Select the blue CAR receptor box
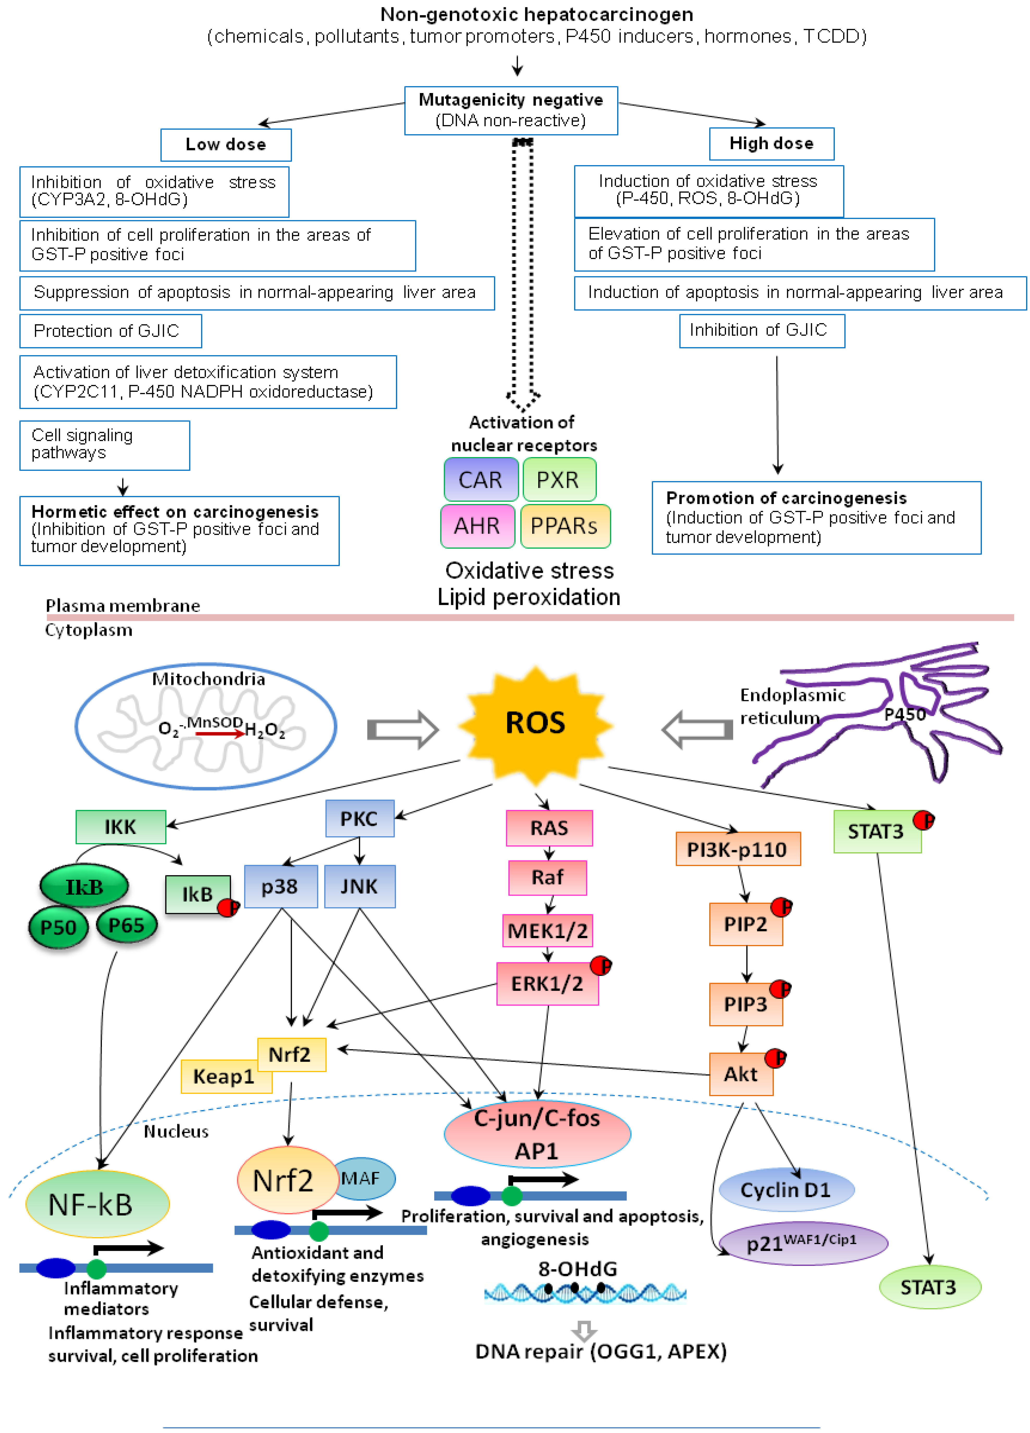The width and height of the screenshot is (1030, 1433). pyautogui.click(x=481, y=479)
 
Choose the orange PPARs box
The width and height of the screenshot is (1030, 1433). pyautogui.click(x=565, y=526)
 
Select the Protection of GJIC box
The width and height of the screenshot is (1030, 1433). pyautogui.click(x=111, y=331)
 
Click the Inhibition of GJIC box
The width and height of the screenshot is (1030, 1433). pyautogui.click(x=762, y=330)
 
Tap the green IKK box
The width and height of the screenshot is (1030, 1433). pyautogui.click(x=121, y=827)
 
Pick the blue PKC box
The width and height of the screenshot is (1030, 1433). pyautogui.click(x=360, y=819)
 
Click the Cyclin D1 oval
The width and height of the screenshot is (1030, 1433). pyautogui.click(x=787, y=1190)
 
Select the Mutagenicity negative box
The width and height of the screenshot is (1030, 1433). pyautogui.click(x=511, y=110)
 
